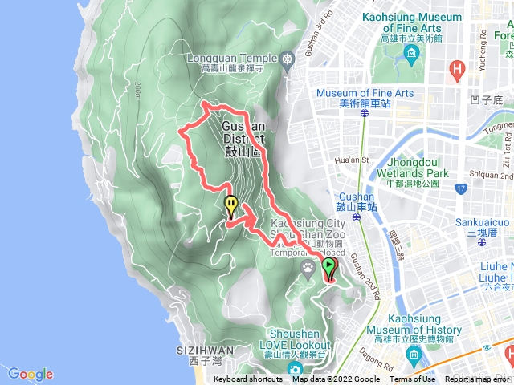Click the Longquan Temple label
pyautogui.click(x=232, y=58)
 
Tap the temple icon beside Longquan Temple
pyautogui.click(x=288, y=59)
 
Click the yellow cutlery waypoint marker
pyautogui.click(x=231, y=207)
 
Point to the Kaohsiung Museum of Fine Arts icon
pyautogui.click(x=412, y=55)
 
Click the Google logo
pyautogui.click(x=30, y=374)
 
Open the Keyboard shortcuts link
pyautogui.click(x=249, y=379)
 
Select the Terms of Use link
pyautogui.click(x=412, y=379)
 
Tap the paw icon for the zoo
pyautogui.click(x=308, y=265)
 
